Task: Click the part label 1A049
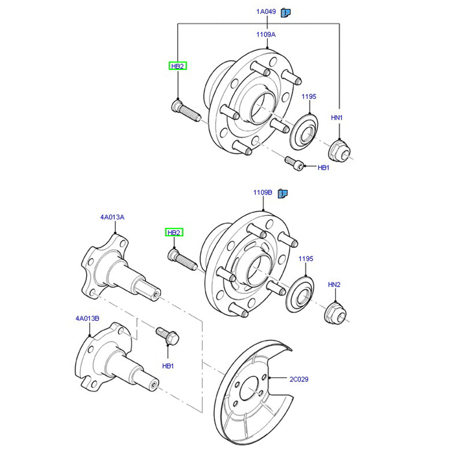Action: [266, 12]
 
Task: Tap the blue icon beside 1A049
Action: [285, 12]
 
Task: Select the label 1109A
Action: [266, 35]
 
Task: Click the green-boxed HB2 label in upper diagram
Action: [177, 67]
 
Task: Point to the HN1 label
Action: [337, 117]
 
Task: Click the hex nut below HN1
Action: [337, 150]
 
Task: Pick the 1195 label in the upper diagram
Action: [308, 97]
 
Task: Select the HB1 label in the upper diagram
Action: [323, 168]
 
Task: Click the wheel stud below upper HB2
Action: [185, 110]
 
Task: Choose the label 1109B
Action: [263, 192]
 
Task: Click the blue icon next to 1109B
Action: [283, 193]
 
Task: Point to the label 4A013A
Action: [112, 218]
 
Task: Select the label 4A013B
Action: [87, 318]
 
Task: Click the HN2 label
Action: [335, 285]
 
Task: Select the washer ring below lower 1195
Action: [299, 291]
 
